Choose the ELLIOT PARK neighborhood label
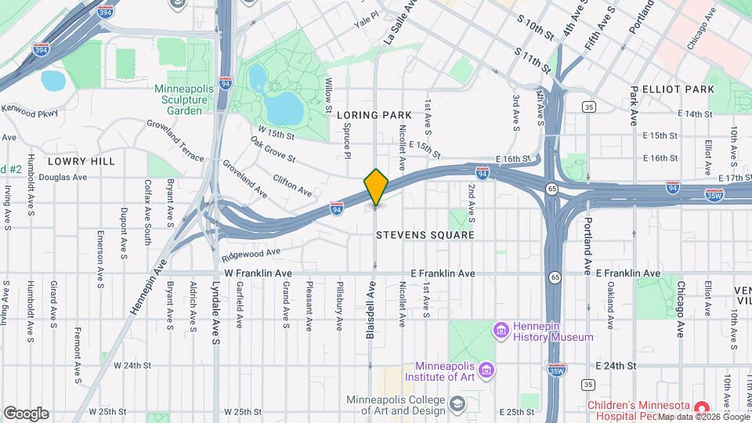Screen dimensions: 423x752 coord(678,90)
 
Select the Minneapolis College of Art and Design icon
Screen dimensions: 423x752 coord(457,403)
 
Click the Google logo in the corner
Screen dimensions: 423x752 coord(26,413)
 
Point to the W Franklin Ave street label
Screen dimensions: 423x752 coord(258,273)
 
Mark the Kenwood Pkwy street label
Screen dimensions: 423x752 coord(29,111)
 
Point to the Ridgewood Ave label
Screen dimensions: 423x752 coord(250,254)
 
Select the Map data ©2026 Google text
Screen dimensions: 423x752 coord(703,417)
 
